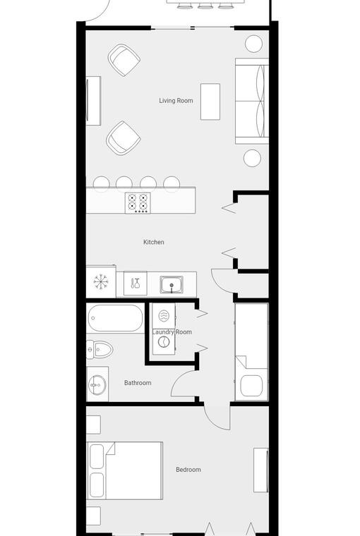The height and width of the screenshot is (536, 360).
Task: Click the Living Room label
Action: [176, 100]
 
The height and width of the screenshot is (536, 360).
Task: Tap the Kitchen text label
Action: [154, 242]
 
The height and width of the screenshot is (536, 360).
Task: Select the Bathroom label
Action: [138, 383]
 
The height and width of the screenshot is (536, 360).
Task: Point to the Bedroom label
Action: [188, 470]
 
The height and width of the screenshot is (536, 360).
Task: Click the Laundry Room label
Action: [172, 332]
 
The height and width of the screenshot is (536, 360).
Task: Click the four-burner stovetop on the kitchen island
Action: [138, 203]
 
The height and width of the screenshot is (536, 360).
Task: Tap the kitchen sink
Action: [172, 285]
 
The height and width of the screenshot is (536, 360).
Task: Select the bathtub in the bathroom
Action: [115, 318]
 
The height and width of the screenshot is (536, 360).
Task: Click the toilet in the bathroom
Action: [100, 349]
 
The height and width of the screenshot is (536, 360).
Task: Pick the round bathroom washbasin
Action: [97, 385]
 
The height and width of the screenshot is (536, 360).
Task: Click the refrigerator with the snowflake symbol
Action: [101, 281]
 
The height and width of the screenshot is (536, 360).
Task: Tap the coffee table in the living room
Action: [210, 102]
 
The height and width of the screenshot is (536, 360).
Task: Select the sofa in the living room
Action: [252, 101]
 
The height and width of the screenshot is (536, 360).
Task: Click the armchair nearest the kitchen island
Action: [124, 138]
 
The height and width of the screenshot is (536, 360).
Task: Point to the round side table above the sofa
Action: [254, 44]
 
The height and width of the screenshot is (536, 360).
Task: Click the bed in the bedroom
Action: [125, 470]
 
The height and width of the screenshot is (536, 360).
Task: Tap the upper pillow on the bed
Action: [97, 456]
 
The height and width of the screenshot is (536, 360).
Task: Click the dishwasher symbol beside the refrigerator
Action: [135, 284]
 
